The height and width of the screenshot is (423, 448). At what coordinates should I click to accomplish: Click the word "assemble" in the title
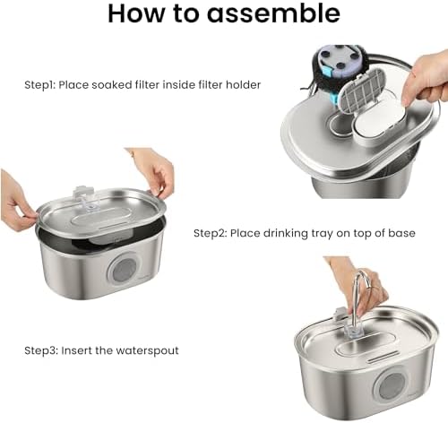pos(273,13)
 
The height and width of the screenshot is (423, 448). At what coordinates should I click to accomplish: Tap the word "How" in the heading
pos(136,13)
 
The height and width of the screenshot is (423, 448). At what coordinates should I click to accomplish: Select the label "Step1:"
pos(39,85)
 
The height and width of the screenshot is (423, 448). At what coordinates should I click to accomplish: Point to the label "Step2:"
pos(210,233)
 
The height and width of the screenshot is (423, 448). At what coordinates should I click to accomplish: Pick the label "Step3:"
pos(41,350)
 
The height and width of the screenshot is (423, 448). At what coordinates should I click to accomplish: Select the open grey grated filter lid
pos(361,91)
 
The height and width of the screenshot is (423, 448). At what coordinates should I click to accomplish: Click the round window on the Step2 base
pos(124,270)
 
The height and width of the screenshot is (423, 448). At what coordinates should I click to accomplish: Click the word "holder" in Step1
pos(243,85)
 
